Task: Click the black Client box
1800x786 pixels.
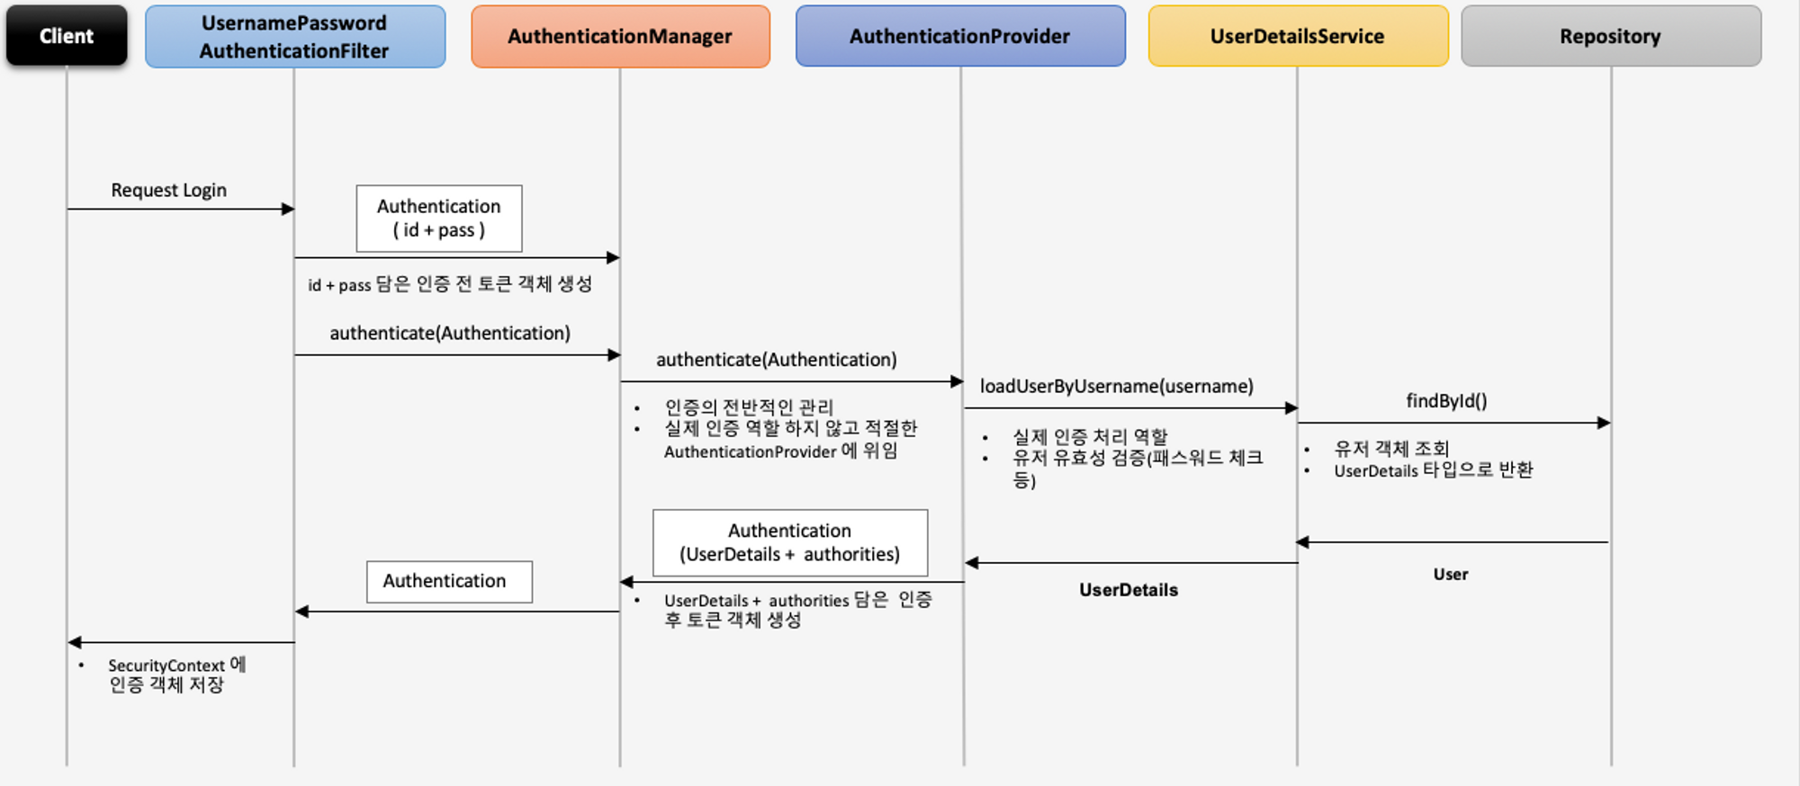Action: (67, 36)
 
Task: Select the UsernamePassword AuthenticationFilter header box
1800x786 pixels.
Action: (295, 37)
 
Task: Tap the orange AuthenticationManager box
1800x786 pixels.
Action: (620, 37)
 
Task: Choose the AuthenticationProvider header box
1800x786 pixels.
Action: (960, 36)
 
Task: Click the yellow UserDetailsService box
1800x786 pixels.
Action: (1298, 36)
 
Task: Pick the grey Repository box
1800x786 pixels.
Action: (1611, 36)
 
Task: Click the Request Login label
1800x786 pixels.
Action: (169, 191)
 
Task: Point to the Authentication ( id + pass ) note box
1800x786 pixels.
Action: (439, 219)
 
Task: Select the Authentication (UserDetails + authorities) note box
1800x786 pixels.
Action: (790, 543)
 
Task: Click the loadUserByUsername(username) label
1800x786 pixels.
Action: (1117, 387)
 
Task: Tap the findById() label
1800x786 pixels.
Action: (1447, 401)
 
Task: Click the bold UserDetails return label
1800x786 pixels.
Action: (1129, 590)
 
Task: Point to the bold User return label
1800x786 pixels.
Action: (1451, 575)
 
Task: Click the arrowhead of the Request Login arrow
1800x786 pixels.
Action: (288, 210)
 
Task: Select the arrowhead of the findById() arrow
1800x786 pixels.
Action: (1604, 423)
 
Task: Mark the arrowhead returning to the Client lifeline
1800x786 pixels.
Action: (75, 643)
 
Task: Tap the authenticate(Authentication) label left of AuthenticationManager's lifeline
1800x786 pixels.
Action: (450, 334)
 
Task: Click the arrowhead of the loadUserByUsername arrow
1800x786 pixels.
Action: (1291, 408)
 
